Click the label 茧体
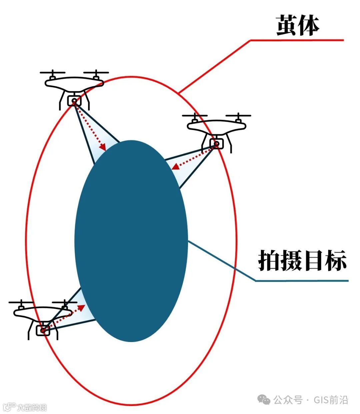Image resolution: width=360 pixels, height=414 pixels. pyautogui.click(x=298, y=26)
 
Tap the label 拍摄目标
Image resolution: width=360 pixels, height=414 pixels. pyautogui.click(x=302, y=260)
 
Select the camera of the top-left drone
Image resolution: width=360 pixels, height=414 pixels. pyautogui.click(x=74, y=100)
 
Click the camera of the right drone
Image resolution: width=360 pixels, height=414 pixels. pyautogui.click(x=217, y=144)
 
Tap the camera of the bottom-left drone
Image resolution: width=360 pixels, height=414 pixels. pyautogui.click(x=43, y=330)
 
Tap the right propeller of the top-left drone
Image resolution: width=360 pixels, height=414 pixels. pyautogui.click(x=96, y=72)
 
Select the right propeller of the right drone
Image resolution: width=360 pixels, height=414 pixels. pyautogui.click(x=238, y=116)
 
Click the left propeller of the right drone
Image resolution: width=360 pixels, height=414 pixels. pyautogui.click(x=195, y=116)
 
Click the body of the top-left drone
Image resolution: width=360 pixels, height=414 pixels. pyautogui.click(x=74, y=83)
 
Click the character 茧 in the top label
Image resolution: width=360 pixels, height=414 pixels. pyautogui.click(x=287, y=26)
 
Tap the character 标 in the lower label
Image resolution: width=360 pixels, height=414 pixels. pyautogui.click(x=336, y=260)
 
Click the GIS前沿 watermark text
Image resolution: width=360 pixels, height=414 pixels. pyautogui.click(x=331, y=400)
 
